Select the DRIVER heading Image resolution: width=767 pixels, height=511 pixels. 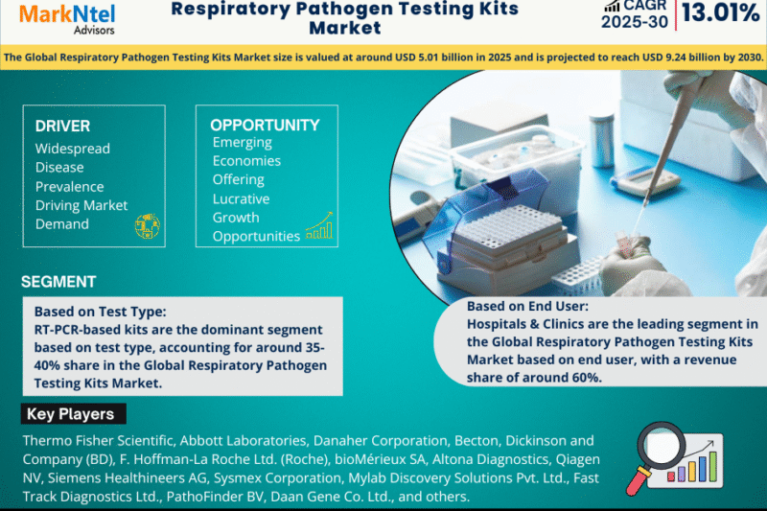(x=62, y=126)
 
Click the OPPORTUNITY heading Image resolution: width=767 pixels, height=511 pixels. (x=265, y=125)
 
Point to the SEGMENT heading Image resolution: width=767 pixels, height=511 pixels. (x=58, y=282)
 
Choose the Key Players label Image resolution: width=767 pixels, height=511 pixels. (x=71, y=414)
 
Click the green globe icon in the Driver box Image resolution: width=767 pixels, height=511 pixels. (x=147, y=225)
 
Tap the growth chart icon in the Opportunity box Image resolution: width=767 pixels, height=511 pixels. (x=319, y=226)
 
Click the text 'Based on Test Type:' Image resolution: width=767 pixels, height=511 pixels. (x=100, y=312)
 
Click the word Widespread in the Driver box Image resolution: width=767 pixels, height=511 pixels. (x=73, y=149)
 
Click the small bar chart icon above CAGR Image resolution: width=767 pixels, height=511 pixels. (x=612, y=6)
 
